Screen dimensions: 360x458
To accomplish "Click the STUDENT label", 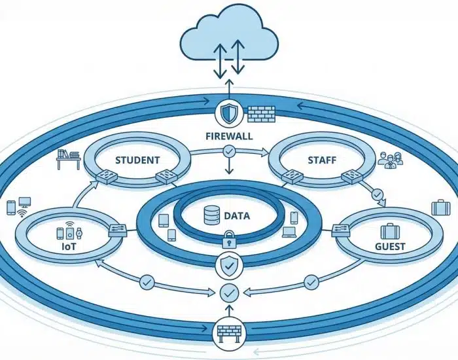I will (137, 160).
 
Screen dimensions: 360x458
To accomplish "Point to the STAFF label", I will (321, 159).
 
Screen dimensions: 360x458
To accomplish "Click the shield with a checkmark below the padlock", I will (229, 264).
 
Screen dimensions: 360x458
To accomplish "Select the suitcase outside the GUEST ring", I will (440, 207).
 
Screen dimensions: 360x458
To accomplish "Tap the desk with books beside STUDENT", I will (67, 158).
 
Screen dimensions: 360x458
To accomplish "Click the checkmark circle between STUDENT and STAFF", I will (228, 152).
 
